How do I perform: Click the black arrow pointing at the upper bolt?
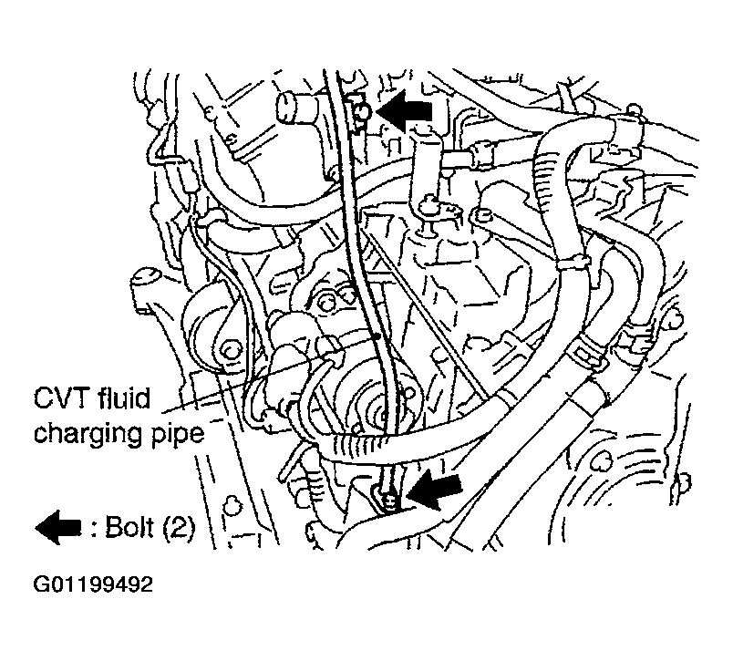pos(405,111)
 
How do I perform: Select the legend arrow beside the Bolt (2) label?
pos(58,527)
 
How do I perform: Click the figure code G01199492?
pos(93,584)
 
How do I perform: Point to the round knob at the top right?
pos(634,110)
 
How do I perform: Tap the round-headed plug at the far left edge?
pos(146,281)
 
